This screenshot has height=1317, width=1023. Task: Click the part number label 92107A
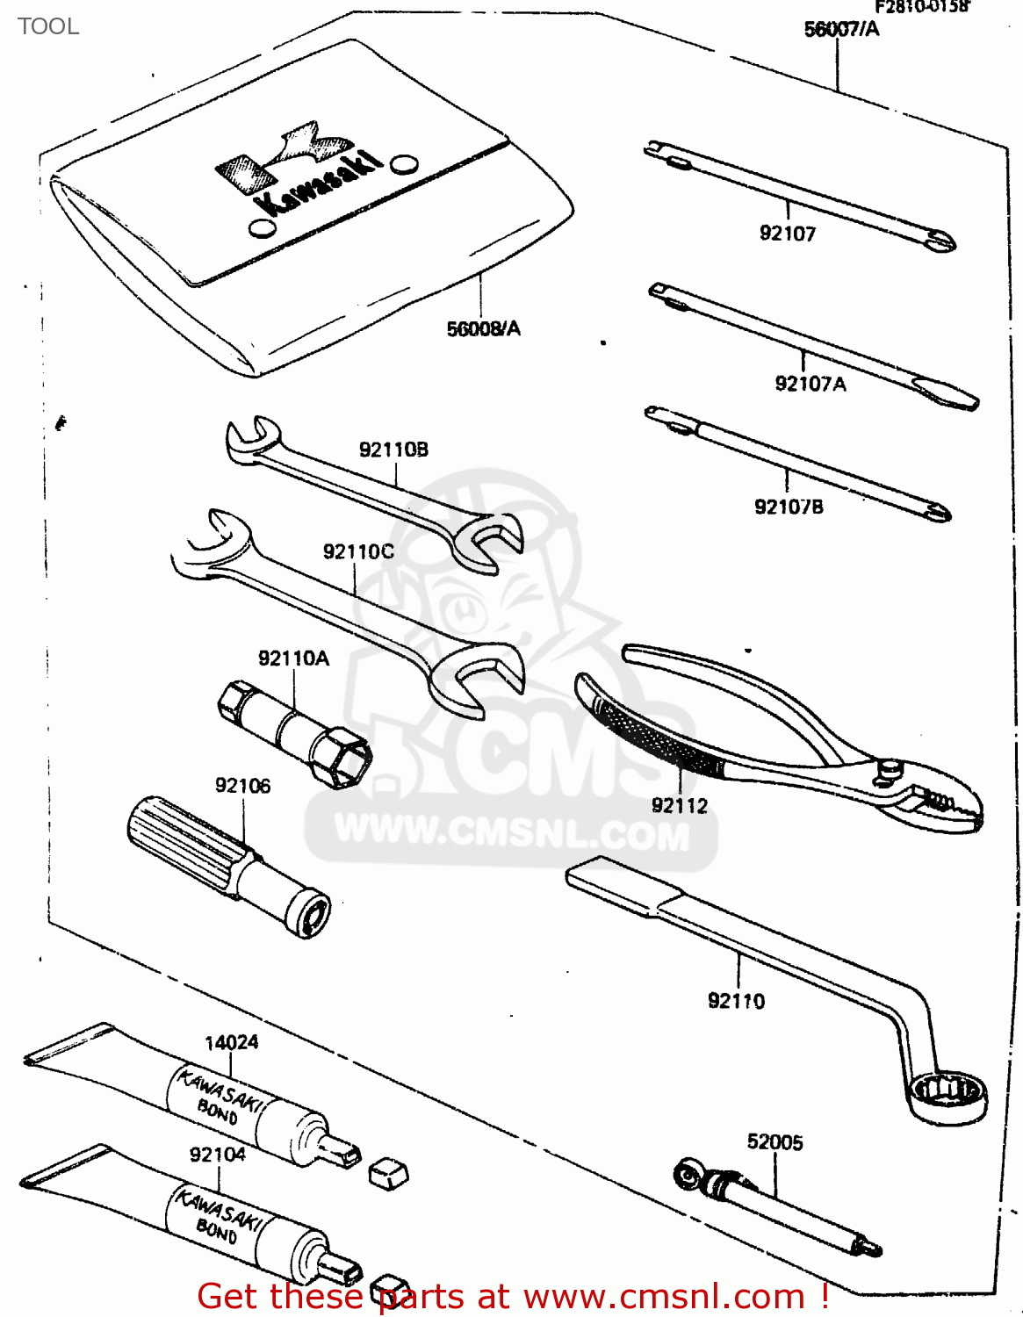[810, 384]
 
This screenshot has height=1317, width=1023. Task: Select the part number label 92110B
[393, 450]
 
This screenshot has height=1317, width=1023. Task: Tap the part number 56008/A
[483, 328]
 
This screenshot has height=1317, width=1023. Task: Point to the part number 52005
[774, 1141]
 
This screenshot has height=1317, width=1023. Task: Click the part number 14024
[231, 1042]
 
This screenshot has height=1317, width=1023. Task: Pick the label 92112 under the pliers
[679, 805]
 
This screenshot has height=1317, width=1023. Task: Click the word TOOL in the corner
[48, 26]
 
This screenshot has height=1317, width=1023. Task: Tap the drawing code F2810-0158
[920, 7]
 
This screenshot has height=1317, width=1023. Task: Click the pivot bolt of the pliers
[890, 770]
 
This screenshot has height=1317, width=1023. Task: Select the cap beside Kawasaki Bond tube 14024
[386, 1172]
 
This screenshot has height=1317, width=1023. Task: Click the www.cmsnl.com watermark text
[512, 831]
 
